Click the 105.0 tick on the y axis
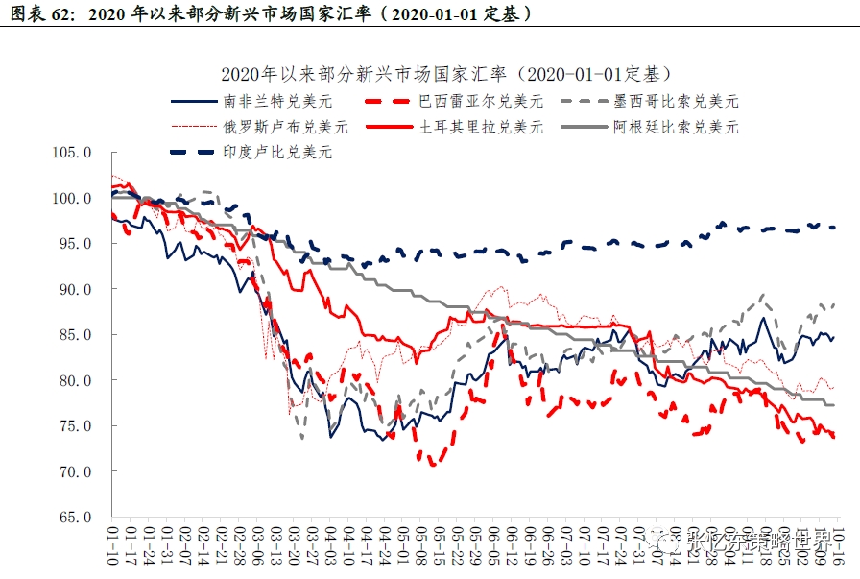coord(74,152)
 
